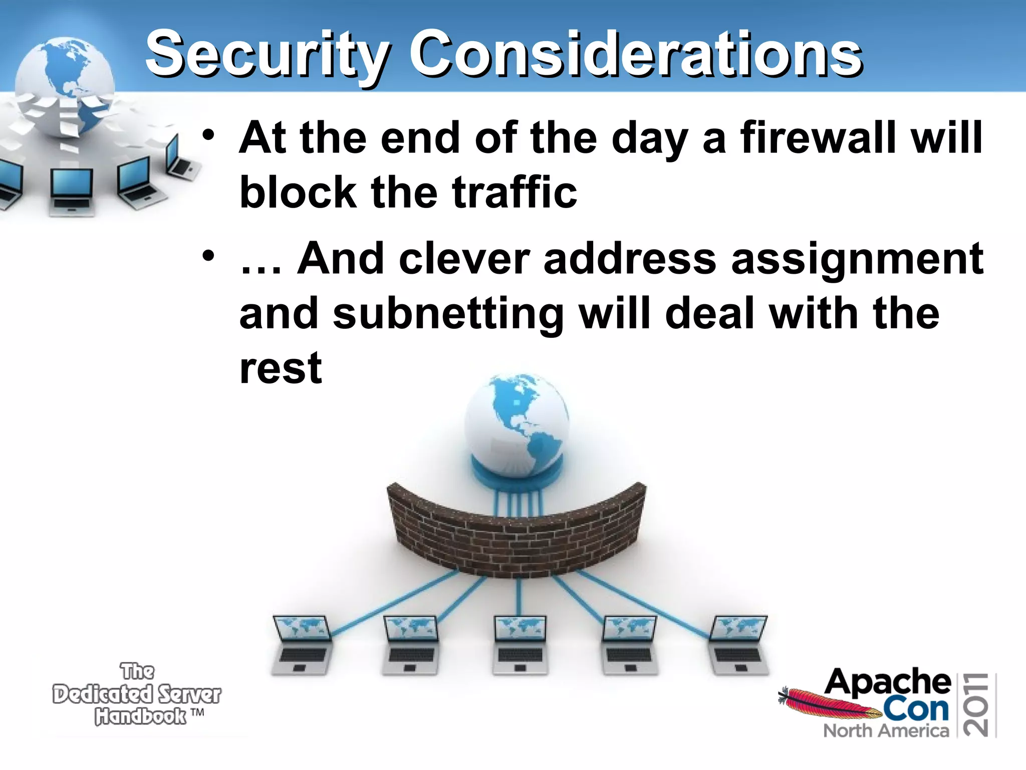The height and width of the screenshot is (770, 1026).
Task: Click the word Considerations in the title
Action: [635, 54]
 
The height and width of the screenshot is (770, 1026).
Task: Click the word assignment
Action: [857, 259]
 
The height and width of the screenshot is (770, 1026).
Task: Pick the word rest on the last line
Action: [281, 368]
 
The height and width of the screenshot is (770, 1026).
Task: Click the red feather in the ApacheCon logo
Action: [827, 704]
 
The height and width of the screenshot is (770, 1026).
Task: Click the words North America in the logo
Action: [886, 731]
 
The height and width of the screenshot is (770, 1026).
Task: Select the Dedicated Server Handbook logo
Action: [136, 694]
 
